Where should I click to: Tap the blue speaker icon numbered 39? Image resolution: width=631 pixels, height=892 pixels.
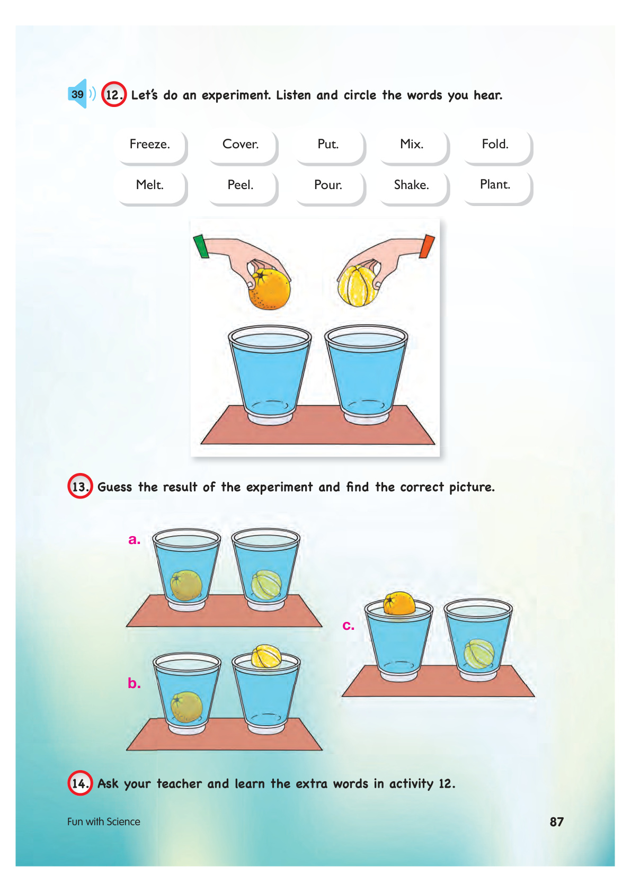coord(81,94)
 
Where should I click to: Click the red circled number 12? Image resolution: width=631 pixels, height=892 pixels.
coord(114,94)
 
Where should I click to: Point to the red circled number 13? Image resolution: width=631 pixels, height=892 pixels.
coord(80,486)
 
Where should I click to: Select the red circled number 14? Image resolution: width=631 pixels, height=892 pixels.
coord(80,783)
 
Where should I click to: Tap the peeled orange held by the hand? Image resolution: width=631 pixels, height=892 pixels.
coord(357,287)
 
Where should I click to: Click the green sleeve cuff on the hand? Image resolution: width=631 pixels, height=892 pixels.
coord(201,246)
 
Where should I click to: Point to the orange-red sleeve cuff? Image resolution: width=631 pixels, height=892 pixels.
coord(427,246)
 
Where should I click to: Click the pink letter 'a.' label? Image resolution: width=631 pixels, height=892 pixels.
coord(134,540)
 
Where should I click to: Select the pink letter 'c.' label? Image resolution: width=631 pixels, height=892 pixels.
coord(349,626)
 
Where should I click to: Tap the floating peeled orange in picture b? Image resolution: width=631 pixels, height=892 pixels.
coord(266,655)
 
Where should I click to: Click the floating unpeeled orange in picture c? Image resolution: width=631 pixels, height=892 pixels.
coord(399,603)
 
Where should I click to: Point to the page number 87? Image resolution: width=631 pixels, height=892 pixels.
coord(556,822)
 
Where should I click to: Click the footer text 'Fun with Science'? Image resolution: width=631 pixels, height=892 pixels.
coord(103,822)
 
